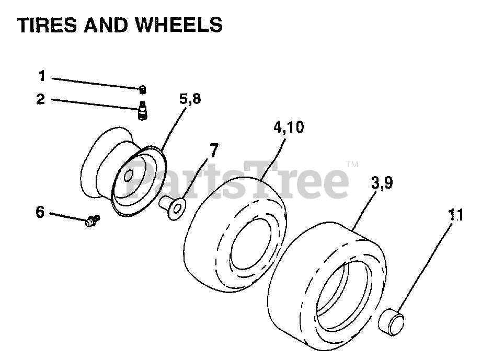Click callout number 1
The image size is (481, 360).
(x=42, y=76)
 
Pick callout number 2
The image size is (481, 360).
(x=41, y=99)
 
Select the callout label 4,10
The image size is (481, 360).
(x=288, y=127)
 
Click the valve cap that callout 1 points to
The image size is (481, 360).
(x=142, y=90)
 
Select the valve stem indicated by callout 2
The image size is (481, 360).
(x=142, y=110)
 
